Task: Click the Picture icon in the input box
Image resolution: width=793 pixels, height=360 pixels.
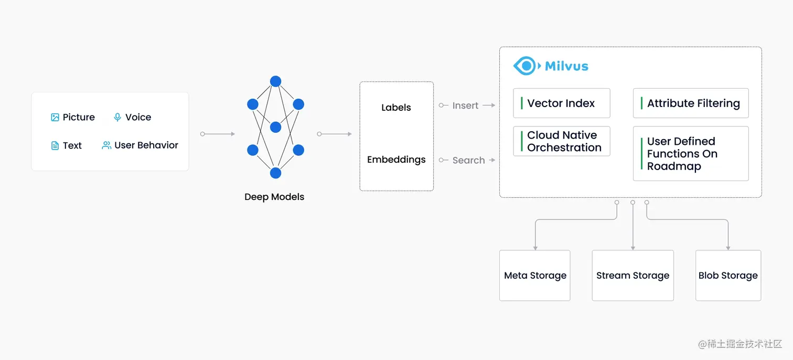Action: [55, 118]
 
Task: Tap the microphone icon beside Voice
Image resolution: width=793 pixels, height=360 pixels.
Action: [117, 118]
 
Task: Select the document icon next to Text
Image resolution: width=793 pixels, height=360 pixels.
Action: [55, 146]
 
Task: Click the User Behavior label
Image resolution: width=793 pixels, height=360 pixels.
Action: [146, 145]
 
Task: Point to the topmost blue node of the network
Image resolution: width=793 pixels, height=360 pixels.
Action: [275, 81]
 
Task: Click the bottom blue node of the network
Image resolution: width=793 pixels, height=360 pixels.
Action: [275, 173]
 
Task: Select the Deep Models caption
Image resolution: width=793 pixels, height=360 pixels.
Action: [274, 197]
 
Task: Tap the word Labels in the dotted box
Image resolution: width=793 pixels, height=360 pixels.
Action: [396, 108]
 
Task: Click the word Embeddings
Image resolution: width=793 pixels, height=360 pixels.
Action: [396, 160]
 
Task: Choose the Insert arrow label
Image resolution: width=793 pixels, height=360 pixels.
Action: [466, 105]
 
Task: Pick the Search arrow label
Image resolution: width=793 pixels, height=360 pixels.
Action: [468, 161]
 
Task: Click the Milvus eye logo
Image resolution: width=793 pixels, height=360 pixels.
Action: [524, 66]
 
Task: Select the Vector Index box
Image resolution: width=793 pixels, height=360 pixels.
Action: [561, 103]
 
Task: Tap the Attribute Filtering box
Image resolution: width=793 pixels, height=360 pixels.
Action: [691, 103]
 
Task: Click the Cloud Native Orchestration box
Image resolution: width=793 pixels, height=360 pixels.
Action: [561, 142]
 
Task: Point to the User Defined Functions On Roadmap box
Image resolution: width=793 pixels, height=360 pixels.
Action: [691, 154]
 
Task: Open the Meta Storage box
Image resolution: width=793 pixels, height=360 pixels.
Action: [534, 276]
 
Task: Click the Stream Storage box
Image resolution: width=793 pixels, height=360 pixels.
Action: [633, 276]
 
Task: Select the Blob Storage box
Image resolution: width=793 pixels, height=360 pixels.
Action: [728, 276]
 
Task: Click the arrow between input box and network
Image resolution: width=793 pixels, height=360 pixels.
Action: [218, 134]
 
